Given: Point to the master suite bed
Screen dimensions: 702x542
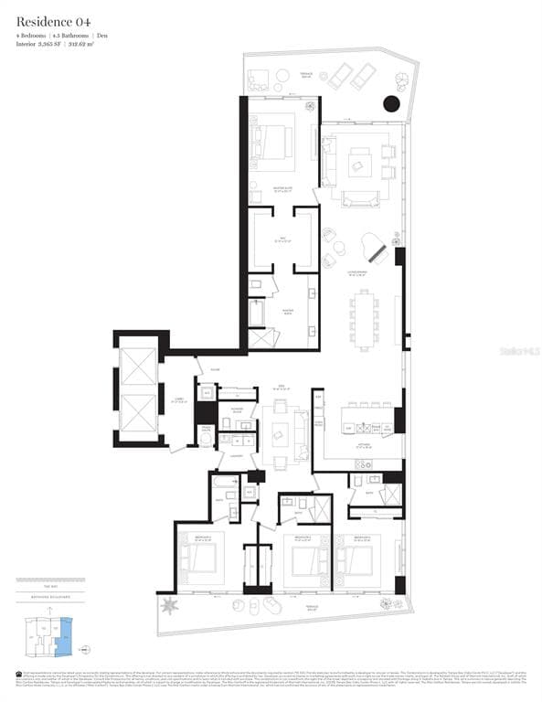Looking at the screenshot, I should [274, 142].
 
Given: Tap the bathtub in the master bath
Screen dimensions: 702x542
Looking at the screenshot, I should [257, 313].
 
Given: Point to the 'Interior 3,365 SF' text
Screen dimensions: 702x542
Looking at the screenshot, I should [43, 44].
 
